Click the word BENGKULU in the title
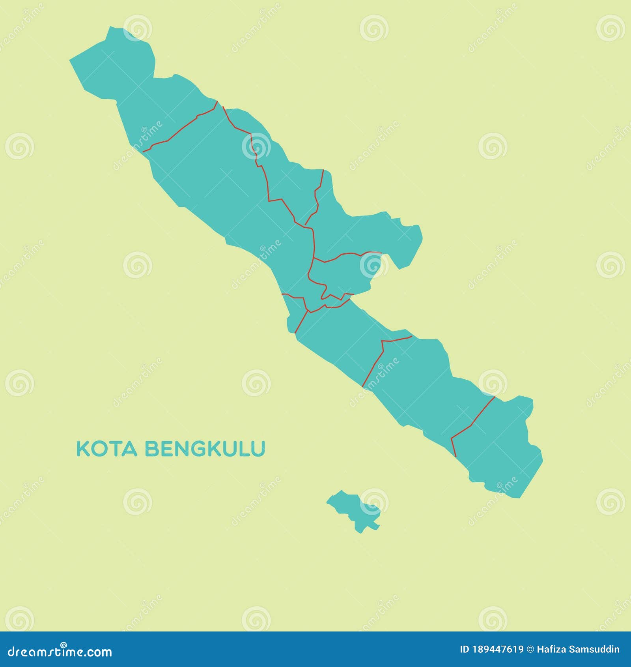[205, 449]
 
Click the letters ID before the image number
[465, 650]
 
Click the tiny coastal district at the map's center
[296, 308]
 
